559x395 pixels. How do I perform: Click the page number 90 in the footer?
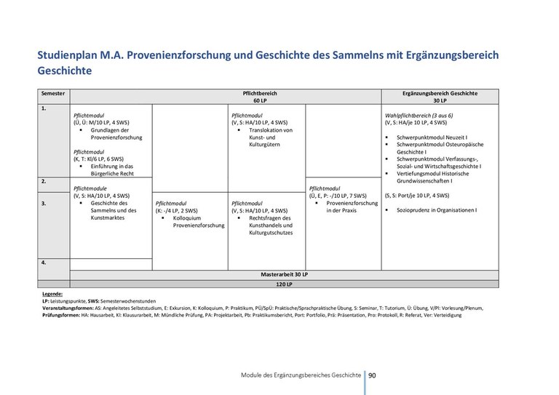point(372,375)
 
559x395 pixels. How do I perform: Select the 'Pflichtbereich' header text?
point(260,94)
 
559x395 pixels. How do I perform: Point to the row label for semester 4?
point(44,261)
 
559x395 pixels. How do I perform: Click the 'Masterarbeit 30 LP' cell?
point(285,274)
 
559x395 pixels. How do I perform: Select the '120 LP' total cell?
point(285,284)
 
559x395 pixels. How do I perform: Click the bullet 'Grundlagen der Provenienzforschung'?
point(116,133)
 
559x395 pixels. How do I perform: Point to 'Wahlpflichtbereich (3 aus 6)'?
point(419,116)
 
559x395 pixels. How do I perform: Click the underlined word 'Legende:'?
point(52,293)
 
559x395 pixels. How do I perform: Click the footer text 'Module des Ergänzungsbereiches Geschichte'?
point(301,375)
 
